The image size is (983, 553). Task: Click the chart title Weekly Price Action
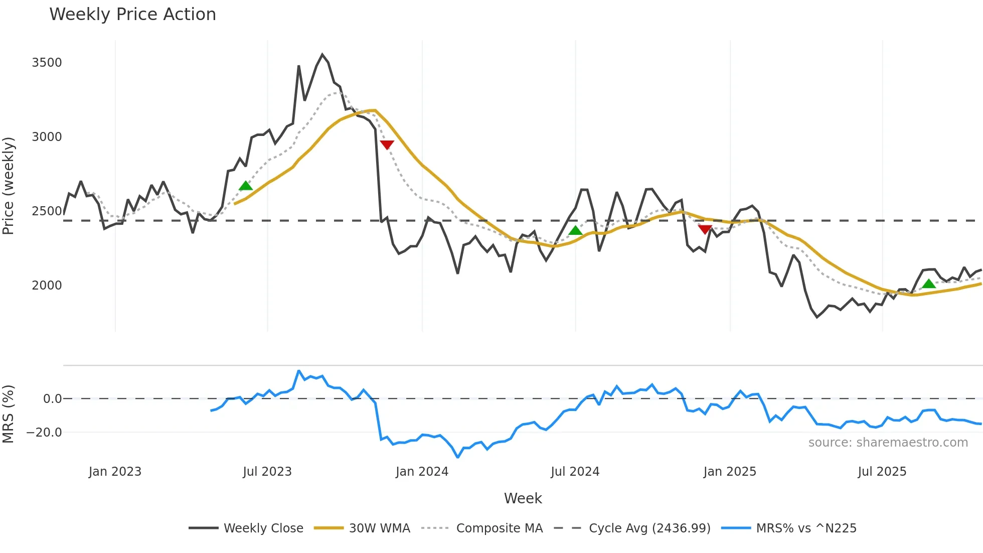132,15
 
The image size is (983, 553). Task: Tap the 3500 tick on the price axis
47,63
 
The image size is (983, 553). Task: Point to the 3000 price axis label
47,137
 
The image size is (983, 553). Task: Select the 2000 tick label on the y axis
47,286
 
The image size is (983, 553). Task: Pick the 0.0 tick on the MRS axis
52,399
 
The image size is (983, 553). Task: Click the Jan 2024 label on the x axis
422,472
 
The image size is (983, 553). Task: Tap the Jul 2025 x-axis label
882,472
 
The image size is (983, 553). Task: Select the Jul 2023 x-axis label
267,472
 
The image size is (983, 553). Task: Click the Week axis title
523,498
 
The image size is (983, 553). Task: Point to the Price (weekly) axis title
9,186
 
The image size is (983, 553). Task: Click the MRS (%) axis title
9,414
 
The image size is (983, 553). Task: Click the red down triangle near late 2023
387,145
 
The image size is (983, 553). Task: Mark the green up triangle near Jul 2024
575,230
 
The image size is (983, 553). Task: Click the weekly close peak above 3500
322,55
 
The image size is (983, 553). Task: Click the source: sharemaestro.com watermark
888,443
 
